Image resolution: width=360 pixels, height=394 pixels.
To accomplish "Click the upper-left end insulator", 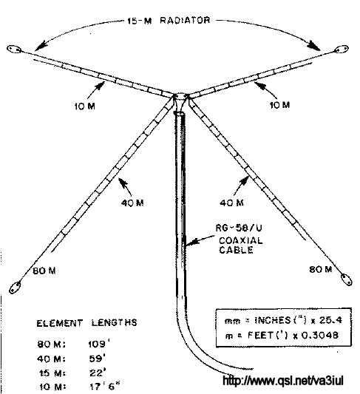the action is (14, 49).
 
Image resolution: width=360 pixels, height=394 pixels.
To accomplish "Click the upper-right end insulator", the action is (341, 50).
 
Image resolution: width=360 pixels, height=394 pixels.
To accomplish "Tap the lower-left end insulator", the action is (15, 288).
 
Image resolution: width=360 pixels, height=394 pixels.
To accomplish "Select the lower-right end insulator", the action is (346, 279).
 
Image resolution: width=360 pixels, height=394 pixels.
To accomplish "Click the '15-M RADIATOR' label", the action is (169, 20).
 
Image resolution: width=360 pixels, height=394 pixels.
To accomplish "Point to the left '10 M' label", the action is (85, 106).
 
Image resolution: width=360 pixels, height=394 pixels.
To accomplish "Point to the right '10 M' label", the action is (279, 105).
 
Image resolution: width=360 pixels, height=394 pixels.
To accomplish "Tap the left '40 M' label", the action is (132, 203).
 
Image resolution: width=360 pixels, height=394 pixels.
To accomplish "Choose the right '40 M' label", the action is (231, 203).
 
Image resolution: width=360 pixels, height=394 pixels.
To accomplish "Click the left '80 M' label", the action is (44, 271).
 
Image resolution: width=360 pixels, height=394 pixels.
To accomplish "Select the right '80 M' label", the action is (321, 269).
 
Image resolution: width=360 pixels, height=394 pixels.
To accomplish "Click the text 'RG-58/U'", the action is (239, 228).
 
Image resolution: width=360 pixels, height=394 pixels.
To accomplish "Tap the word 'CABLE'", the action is (236, 250).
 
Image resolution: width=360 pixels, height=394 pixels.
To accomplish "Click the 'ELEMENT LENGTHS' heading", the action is (87, 322).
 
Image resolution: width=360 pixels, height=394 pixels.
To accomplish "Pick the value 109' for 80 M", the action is (99, 344).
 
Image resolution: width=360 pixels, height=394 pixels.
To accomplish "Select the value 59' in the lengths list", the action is (98, 359).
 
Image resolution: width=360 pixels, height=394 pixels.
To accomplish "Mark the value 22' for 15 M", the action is (98, 373).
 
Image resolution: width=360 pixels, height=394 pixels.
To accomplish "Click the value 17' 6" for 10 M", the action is (105, 387).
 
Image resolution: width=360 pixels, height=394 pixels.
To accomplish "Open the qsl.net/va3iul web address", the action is (283, 381).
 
